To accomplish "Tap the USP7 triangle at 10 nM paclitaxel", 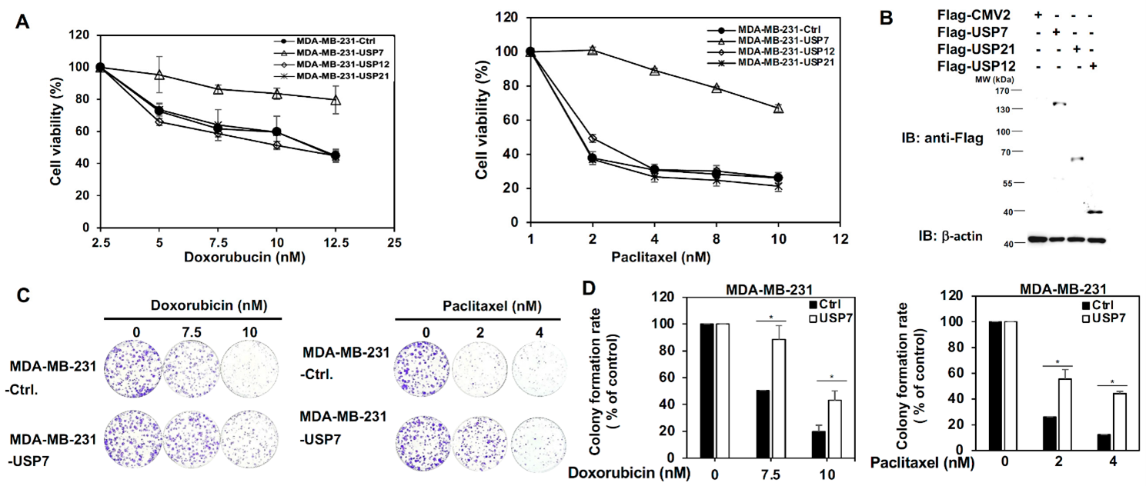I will click(x=778, y=108).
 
